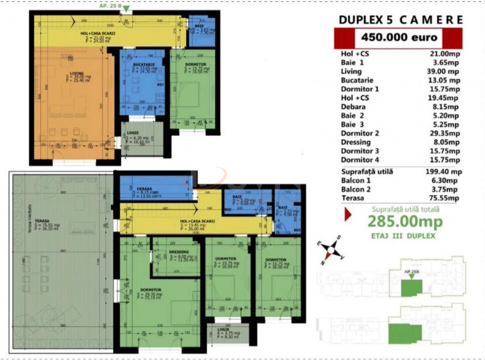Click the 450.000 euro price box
(398, 37)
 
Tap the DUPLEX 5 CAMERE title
(401, 19)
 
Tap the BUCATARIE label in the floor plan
(135, 64)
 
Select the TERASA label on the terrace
(42, 221)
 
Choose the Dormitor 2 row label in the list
(360, 133)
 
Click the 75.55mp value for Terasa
(443, 198)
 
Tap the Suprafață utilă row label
(367, 172)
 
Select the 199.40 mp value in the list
(443, 172)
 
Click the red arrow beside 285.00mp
(348, 215)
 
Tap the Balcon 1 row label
(357, 181)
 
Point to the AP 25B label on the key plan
(412, 272)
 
